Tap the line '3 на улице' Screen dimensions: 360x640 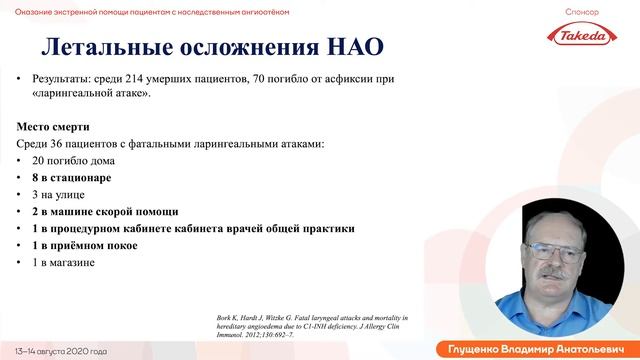pyautogui.click(x=58, y=195)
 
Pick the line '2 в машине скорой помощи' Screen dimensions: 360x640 pyautogui.click(x=105, y=212)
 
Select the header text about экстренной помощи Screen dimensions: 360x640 pyautogui.click(x=150, y=9)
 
